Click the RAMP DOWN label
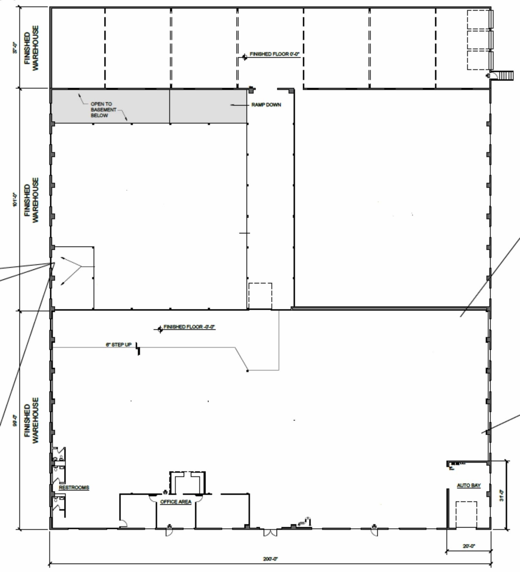(266, 105)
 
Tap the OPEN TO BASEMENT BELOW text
(103, 110)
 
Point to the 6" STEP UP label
(119, 345)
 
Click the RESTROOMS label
(74, 488)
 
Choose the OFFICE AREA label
(176, 502)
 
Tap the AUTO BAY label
(469, 485)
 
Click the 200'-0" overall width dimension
(270, 559)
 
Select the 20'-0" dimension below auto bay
(469, 546)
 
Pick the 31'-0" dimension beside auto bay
(502, 496)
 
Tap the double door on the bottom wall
(270, 533)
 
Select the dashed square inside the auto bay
(466, 515)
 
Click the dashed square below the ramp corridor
(260, 296)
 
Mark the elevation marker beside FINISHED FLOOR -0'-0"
(160, 329)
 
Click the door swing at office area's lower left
(123, 524)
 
